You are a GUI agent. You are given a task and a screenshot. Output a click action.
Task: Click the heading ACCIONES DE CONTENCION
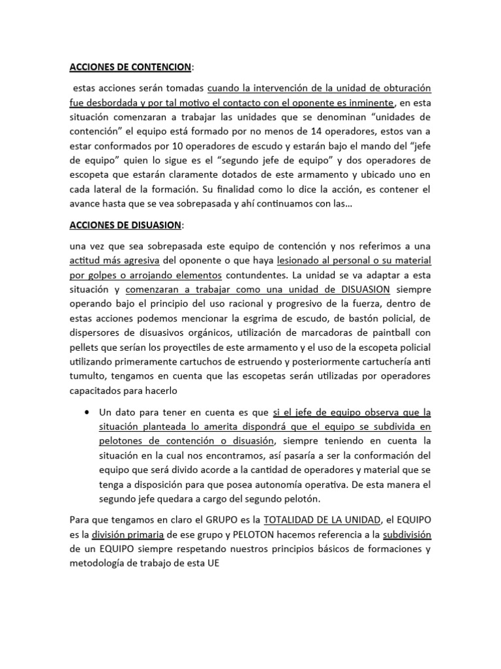130,67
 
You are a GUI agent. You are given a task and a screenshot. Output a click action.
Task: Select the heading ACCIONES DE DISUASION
125,225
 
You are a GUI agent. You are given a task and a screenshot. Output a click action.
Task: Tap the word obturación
401,88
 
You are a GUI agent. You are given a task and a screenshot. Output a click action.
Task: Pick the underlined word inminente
369,103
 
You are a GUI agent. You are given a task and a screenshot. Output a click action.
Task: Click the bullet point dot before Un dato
87,412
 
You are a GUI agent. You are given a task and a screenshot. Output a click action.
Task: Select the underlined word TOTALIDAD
291,519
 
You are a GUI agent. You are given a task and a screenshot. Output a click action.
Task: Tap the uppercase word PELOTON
249,534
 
